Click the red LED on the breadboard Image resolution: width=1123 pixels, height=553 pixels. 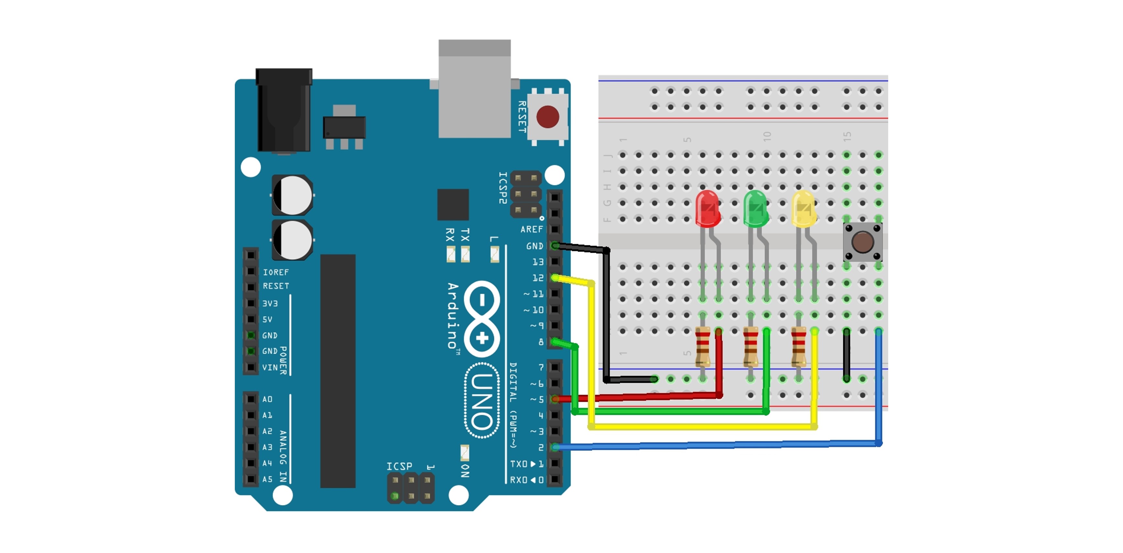click(707, 209)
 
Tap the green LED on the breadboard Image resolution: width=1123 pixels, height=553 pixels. click(755, 209)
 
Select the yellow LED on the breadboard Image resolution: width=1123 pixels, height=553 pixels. click(803, 209)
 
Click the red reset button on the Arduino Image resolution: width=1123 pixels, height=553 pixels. click(548, 116)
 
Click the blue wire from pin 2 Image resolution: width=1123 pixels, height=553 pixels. click(715, 445)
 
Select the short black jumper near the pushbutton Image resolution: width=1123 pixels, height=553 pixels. click(846, 354)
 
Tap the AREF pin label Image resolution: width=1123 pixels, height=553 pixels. click(531, 229)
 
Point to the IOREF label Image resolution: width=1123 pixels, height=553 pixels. click(276, 272)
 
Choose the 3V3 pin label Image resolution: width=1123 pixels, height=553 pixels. click(270, 304)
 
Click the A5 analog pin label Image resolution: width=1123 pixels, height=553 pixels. click(267, 479)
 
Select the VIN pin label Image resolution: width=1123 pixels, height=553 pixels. click(270, 368)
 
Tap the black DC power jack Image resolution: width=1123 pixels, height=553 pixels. click(284, 111)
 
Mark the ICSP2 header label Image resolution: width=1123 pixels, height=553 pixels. click(503, 188)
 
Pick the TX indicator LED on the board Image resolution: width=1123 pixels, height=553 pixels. click(465, 254)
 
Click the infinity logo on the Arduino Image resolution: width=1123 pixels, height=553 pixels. click(482, 319)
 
